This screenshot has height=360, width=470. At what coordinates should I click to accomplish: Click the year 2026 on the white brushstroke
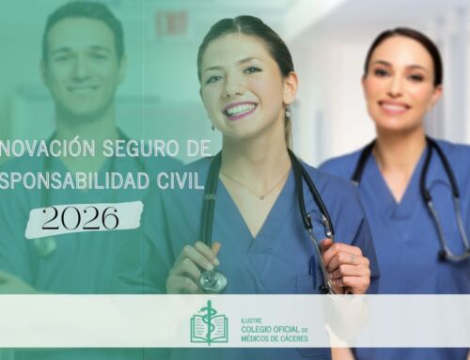pyautogui.click(x=80, y=218)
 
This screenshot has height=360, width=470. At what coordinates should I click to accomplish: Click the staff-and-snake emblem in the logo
pyautogui.click(x=209, y=323)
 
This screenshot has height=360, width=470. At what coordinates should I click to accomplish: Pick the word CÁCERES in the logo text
pyautogui.click(x=291, y=337)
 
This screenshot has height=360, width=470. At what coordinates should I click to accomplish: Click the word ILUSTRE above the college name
pyautogui.click(x=252, y=318)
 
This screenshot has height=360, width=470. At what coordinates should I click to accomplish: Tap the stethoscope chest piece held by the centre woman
pyautogui.click(x=212, y=279)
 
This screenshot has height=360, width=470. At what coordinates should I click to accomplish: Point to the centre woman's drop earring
pyautogui.click(x=288, y=116)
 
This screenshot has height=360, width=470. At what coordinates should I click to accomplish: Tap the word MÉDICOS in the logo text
pyautogui.click(x=258, y=337)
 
